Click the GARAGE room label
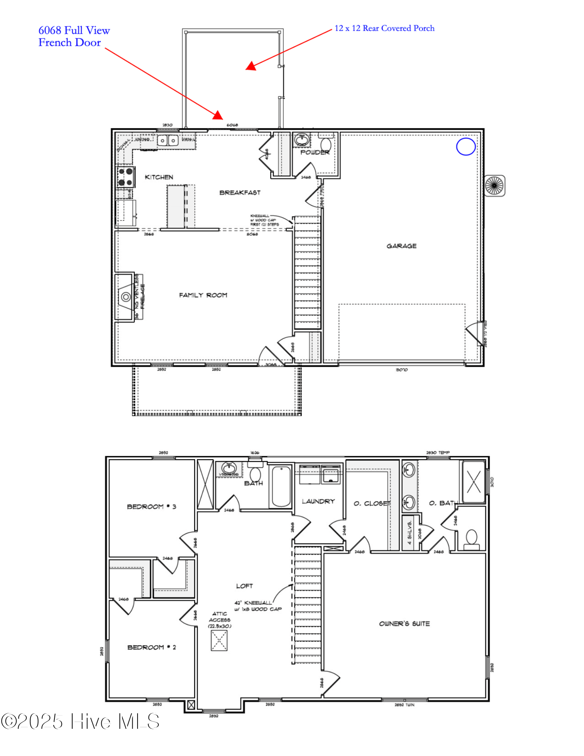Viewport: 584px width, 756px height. (401, 246)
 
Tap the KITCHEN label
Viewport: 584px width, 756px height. (159, 177)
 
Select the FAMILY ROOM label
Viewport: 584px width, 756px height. (203, 295)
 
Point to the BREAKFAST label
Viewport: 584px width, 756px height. (240, 192)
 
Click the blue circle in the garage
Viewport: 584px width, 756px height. (466, 147)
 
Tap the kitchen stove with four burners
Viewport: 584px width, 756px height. (125, 177)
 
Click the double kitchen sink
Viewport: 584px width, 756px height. (167, 141)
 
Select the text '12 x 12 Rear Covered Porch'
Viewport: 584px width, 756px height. (384, 28)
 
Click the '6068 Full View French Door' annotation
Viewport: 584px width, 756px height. (74, 36)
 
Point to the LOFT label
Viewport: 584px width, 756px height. (244, 586)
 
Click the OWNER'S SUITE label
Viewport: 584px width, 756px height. (404, 624)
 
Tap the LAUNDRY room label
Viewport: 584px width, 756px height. (318, 501)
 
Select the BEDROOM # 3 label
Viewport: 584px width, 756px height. (151, 507)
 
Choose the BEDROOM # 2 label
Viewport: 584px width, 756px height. (151, 647)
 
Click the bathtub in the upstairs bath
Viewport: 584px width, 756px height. (281, 486)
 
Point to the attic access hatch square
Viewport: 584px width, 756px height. (219, 641)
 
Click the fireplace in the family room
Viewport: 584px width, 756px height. (125, 297)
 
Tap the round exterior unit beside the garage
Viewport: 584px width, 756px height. (494, 186)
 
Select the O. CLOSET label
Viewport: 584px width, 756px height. (372, 503)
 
